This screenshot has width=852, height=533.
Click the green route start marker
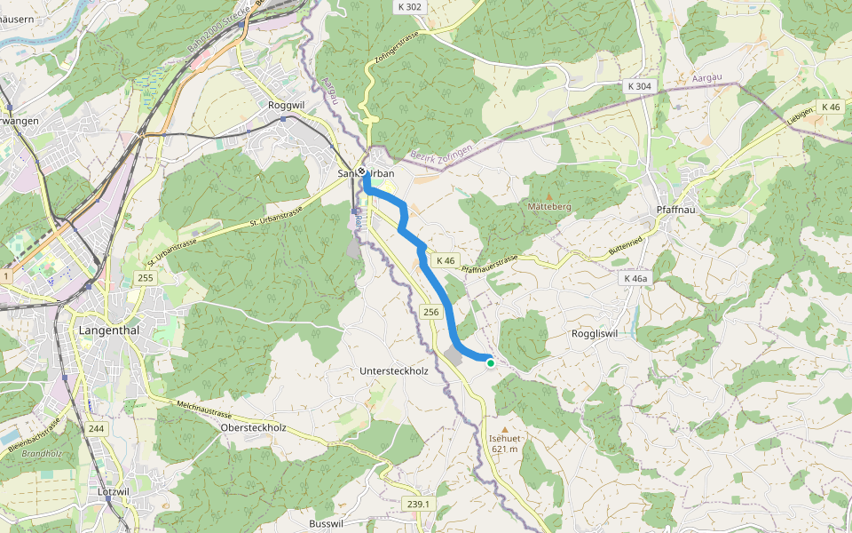[x=490, y=362]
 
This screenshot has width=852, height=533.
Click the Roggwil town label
[x=286, y=105]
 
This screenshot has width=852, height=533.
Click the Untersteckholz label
[x=394, y=370]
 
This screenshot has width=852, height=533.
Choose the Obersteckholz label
[x=252, y=427]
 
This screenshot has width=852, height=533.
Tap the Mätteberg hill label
[x=549, y=206]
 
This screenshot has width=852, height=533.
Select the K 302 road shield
[x=409, y=6]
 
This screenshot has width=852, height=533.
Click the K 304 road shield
[x=638, y=87]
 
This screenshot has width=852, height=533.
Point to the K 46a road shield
[x=635, y=278]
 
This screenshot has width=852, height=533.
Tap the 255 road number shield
[x=145, y=279]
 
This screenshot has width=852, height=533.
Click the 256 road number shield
[x=431, y=312]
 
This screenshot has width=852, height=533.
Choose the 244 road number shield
[x=96, y=429]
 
